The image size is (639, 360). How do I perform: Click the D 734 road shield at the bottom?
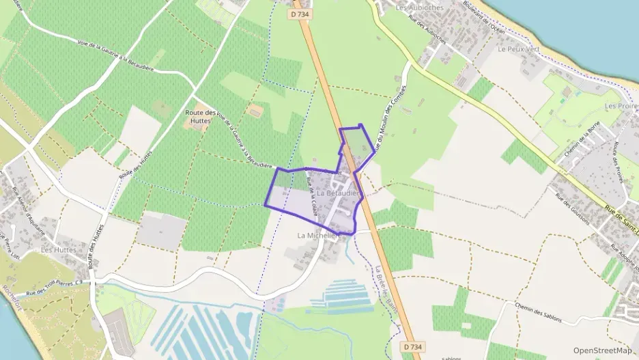click(x=408, y=348)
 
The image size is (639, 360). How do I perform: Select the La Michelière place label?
click(x=318, y=234)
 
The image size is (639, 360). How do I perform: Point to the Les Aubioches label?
click(x=420, y=8)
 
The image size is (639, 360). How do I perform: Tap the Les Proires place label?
click(x=621, y=107)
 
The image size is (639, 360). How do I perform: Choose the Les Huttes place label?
click(x=57, y=250)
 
